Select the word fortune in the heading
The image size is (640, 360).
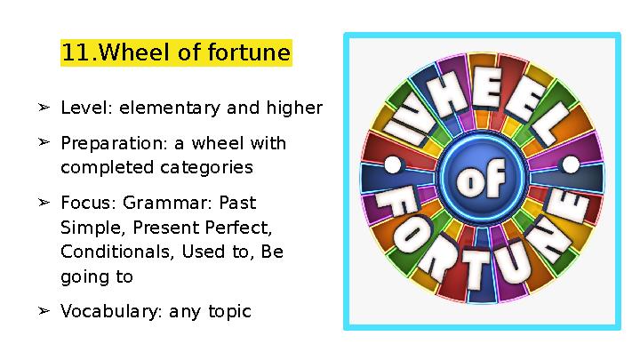click(248, 53)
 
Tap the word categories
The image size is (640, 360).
click(206, 167)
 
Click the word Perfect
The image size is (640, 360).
click(242, 228)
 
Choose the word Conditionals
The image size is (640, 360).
click(117, 252)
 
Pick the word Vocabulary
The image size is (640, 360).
click(107, 312)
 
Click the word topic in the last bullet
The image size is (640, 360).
click(230, 312)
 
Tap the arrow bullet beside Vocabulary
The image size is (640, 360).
click(43, 310)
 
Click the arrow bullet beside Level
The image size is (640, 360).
click(43, 108)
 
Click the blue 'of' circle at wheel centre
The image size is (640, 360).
click(482, 181)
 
